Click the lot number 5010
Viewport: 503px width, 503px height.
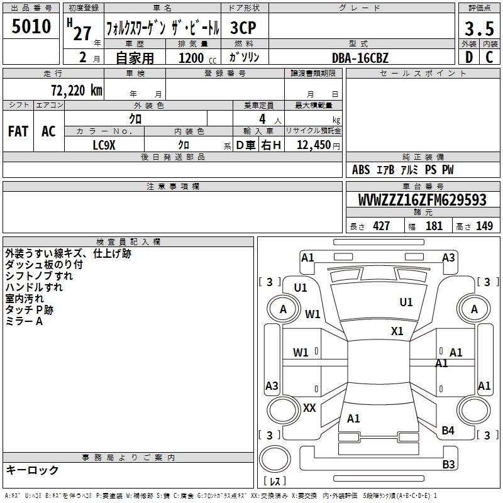point(31,26)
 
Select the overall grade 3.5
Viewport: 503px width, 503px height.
point(479,28)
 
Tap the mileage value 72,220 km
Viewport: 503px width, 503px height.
point(76,90)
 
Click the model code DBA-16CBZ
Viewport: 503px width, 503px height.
point(360,58)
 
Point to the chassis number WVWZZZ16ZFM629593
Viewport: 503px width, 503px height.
point(422,200)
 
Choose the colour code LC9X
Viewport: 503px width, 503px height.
point(104,145)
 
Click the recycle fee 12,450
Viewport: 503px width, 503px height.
point(314,145)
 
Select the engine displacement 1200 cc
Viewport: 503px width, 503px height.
point(197,58)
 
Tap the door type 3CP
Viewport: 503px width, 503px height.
point(243,28)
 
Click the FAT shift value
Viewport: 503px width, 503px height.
point(18,131)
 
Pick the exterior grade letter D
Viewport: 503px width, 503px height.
point(469,57)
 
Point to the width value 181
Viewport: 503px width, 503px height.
point(434,226)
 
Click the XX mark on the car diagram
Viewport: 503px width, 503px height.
point(309,407)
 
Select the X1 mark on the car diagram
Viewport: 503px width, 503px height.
point(397,331)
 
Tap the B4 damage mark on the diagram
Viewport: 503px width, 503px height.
point(448,430)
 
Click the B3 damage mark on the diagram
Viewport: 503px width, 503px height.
point(448,464)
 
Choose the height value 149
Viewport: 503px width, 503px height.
point(484,226)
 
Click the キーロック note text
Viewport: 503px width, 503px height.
point(32,470)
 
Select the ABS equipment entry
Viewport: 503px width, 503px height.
point(361,169)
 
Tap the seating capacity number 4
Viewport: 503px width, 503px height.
point(262,119)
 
